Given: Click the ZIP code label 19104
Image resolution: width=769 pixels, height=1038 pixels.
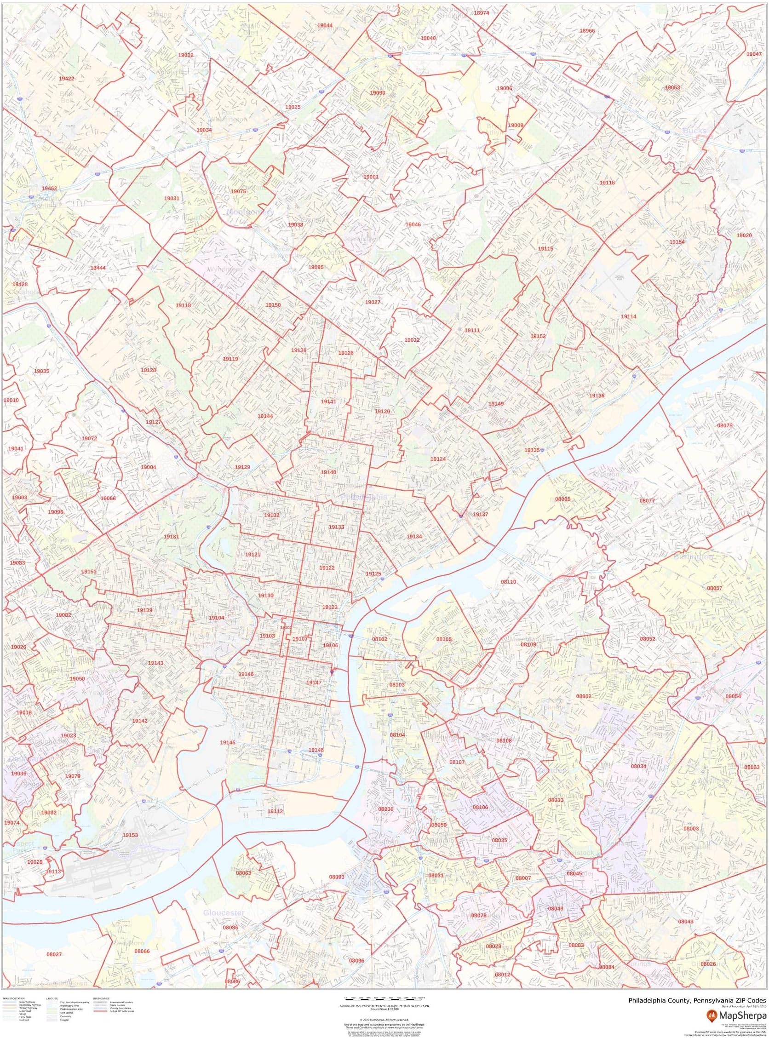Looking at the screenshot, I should coord(216,618).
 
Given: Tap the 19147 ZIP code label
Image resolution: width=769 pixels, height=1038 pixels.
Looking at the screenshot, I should coord(314,682).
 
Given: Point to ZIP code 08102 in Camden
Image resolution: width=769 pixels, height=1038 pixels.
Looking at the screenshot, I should coord(379,639).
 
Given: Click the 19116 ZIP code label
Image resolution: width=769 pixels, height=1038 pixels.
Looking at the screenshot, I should coord(607,183).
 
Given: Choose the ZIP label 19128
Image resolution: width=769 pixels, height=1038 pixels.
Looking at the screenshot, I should coord(148,370).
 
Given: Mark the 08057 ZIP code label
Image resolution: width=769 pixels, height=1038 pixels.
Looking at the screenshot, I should coord(715,588).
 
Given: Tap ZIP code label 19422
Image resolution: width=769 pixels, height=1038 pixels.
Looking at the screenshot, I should coord(66,79).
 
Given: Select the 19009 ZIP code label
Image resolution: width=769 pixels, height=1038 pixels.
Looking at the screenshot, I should coord(515,125).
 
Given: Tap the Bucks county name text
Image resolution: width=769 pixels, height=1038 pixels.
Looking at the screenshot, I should coord(694,131).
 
